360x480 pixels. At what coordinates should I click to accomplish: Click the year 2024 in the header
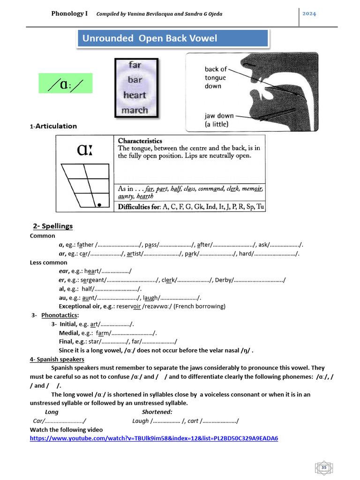(x=309, y=14)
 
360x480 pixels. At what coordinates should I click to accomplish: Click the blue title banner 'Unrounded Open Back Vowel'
(x=172, y=38)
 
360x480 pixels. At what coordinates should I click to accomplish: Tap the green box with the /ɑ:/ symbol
(x=65, y=83)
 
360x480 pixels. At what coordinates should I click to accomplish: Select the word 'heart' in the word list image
(x=135, y=95)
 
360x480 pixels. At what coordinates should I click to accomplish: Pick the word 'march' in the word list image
(x=135, y=111)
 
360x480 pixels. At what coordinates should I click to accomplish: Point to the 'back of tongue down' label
(x=215, y=78)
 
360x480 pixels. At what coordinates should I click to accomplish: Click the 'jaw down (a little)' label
(x=218, y=120)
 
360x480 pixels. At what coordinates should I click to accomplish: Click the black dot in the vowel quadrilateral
(x=99, y=205)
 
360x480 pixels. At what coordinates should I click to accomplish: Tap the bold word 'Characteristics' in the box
(x=140, y=141)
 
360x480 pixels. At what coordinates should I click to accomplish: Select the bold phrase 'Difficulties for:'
(x=138, y=207)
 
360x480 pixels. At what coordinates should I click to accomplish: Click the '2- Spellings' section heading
(x=53, y=226)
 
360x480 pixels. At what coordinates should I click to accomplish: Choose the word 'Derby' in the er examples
(x=224, y=280)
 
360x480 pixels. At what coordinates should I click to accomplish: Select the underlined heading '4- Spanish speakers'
(x=57, y=360)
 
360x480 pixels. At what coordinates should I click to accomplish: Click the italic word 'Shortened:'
(x=157, y=412)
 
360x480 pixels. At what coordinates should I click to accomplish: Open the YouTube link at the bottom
(x=154, y=438)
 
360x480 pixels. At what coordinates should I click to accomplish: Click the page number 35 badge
(x=323, y=467)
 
